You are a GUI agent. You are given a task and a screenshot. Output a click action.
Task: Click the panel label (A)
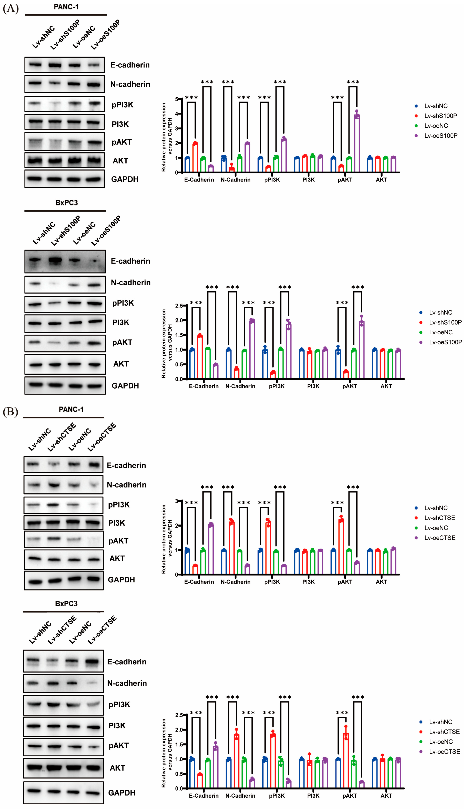tap(11, 8)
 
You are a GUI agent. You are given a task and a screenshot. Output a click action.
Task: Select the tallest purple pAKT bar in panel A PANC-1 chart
tap(357, 143)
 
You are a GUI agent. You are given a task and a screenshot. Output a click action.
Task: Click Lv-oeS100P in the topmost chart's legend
tap(440, 136)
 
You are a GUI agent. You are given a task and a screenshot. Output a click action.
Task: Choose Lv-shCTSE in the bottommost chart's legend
tap(444, 732)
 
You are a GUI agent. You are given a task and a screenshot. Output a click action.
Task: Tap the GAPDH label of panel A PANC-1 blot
tap(125, 179)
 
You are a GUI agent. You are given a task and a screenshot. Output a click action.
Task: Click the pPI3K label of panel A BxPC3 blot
tap(123, 303)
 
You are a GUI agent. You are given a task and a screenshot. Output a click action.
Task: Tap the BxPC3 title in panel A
tap(66, 203)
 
